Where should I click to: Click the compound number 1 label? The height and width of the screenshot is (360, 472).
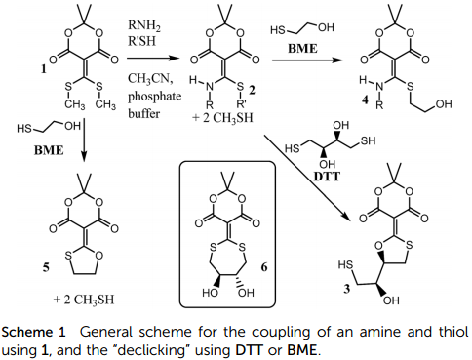tap(43, 68)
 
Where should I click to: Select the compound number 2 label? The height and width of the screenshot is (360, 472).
tap(252, 90)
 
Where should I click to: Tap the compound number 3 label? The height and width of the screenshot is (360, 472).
tap(347, 288)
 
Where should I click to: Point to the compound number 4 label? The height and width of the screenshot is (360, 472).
tap(366, 100)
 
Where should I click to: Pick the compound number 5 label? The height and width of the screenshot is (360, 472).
tap(46, 267)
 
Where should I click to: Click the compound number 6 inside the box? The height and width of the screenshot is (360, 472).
tap(264, 267)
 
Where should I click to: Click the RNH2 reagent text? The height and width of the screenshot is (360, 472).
tap(144, 25)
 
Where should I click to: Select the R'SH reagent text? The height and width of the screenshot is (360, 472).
tap(141, 41)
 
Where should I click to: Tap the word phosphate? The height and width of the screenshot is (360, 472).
tap(154, 97)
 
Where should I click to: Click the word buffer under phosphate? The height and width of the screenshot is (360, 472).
tap(143, 114)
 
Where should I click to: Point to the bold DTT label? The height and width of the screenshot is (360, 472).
tap(327, 177)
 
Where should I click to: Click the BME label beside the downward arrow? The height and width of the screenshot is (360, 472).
tap(49, 150)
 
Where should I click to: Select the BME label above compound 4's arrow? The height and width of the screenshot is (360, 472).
tap(302, 48)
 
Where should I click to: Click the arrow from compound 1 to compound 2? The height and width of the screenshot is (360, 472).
tap(153, 59)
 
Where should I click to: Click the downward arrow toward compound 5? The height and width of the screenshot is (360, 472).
tap(84, 140)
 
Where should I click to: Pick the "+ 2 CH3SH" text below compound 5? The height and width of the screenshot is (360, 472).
tap(84, 300)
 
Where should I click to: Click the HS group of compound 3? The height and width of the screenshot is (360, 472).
tap(345, 265)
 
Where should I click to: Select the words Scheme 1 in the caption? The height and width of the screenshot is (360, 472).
tap(34, 332)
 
